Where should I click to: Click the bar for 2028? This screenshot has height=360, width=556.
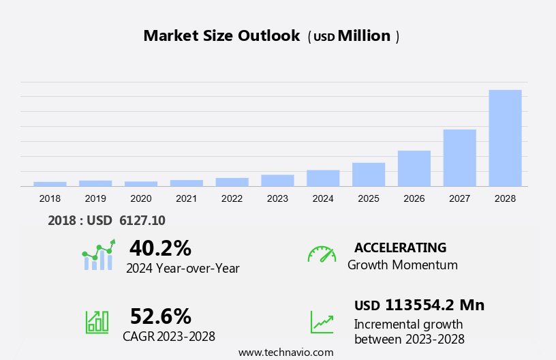point(505,138)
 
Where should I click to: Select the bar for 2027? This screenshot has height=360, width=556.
point(459,157)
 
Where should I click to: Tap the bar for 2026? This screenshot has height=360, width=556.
point(414,168)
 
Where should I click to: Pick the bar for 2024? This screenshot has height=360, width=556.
point(323,178)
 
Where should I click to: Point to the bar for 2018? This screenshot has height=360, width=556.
point(50,184)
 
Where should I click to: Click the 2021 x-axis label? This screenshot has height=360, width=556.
point(186,198)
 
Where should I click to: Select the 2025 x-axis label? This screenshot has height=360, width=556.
point(369,198)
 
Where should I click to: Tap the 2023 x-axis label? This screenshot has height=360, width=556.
point(277,198)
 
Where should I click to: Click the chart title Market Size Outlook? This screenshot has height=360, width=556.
point(221,36)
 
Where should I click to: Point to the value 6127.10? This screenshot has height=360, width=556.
point(142,220)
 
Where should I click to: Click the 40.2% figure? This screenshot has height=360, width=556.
point(160,247)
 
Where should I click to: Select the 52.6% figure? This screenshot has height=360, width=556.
point(160,316)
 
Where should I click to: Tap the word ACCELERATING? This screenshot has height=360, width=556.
point(400,247)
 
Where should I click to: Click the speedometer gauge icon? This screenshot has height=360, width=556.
point(322,254)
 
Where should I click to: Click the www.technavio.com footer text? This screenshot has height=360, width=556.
point(285,352)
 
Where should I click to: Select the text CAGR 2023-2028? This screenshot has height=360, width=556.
point(169,336)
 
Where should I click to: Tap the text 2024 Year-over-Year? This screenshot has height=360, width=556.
point(183,268)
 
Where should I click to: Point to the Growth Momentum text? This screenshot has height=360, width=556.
point(403,265)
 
